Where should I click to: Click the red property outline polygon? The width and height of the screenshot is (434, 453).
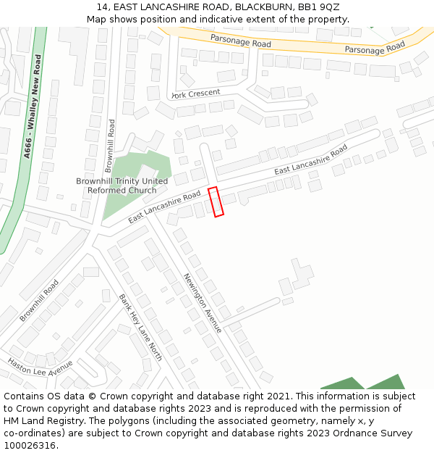pos(216,201)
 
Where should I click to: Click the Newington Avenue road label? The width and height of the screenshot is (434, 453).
pos(202,302)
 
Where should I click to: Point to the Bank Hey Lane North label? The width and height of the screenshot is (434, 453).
pos(140,323)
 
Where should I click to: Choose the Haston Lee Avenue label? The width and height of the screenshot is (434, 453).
pos(41,367)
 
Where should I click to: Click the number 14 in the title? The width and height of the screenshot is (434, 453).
pos(101,7)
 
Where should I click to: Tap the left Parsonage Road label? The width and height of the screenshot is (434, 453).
pos(241,41)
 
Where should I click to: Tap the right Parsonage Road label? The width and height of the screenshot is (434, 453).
pos(375,48)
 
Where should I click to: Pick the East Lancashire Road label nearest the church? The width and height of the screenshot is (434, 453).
pos(164,208)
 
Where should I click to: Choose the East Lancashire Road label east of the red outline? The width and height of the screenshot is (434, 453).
pos(311,159)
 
